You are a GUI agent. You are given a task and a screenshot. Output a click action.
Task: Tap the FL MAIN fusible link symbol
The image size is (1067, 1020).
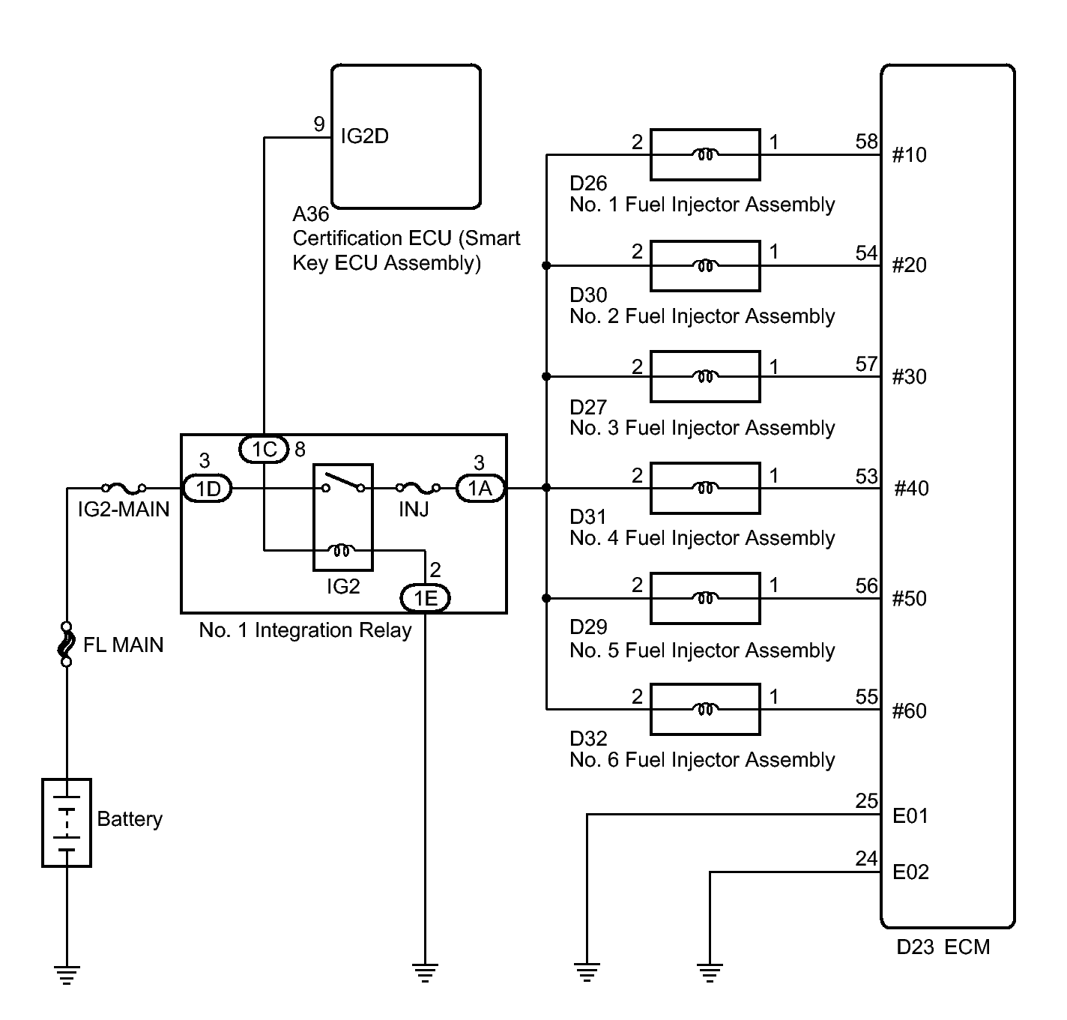pyautogui.click(x=67, y=645)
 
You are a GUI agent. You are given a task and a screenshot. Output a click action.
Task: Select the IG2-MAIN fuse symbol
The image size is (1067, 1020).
pyautogui.click(x=124, y=487)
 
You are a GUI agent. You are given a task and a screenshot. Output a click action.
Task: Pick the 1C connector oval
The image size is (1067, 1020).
pyautogui.click(x=265, y=449)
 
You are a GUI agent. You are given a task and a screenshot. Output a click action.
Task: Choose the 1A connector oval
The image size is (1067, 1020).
pyautogui.click(x=480, y=488)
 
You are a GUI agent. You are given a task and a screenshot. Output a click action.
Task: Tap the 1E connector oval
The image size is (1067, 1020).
pyautogui.click(x=426, y=598)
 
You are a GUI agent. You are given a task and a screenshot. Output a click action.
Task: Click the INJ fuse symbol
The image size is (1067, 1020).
pyautogui.click(x=418, y=487)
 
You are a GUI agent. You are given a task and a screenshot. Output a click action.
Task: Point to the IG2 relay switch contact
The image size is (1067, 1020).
pyautogui.click(x=343, y=481)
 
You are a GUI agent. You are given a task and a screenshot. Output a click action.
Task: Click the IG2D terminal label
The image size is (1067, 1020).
pyautogui.click(x=365, y=136)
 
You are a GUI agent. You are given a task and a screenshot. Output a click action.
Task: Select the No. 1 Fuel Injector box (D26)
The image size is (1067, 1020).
pyautogui.click(x=705, y=154)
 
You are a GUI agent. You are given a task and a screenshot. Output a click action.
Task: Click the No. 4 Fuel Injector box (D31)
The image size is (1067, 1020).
pyautogui.click(x=705, y=488)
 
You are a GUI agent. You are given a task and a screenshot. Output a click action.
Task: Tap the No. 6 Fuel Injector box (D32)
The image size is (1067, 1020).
pyautogui.click(x=705, y=709)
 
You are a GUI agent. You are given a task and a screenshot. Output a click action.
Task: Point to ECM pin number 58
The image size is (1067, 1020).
pyautogui.click(x=866, y=142)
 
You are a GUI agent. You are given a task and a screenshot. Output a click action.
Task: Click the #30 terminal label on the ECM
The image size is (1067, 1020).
pyautogui.click(x=909, y=377)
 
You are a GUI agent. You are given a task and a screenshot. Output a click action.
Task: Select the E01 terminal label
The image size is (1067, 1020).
pyautogui.click(x=910, y=816)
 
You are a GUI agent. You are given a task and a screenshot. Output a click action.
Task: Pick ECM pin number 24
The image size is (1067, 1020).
pyautogui.click(x=866, y=858)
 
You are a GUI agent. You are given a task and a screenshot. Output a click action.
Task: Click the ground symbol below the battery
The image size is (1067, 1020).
pyautogui.click(x=67, y=974)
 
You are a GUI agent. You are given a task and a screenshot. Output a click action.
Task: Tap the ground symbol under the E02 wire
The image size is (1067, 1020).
pyautogui.click(x=710, y=972)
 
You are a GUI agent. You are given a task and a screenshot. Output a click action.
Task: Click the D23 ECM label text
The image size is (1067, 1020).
pyautogui.click(x=943, y=947)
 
